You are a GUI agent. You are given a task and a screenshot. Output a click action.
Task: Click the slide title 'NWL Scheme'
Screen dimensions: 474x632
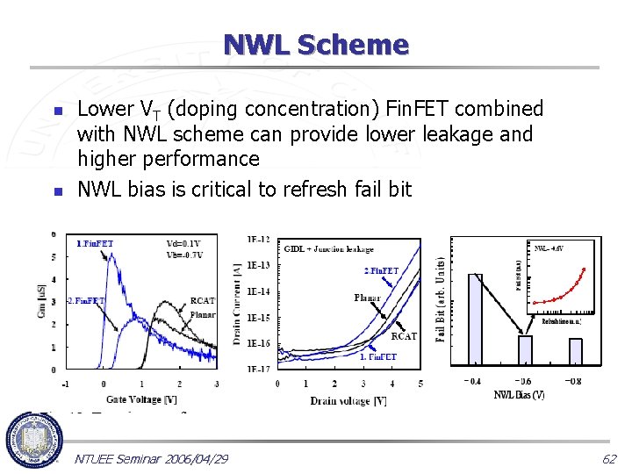point(316,44)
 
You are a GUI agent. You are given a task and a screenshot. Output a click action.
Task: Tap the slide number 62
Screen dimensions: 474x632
point(608,458)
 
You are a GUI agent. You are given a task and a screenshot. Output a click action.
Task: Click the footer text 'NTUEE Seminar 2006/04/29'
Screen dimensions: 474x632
point(152,459)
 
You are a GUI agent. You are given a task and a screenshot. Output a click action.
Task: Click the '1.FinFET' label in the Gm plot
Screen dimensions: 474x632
point(94,243)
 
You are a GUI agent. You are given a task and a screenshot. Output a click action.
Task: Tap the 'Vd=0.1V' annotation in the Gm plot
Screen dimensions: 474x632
point(183,243)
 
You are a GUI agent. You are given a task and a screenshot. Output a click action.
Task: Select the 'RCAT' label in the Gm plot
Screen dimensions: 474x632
point(203,301)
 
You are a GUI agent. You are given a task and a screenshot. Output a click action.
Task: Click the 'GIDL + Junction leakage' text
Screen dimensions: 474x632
point(328,249)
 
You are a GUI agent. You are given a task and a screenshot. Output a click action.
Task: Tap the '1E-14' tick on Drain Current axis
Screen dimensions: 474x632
point(258,291)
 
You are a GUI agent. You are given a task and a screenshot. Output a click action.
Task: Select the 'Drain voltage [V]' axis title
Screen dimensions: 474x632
point(348,400)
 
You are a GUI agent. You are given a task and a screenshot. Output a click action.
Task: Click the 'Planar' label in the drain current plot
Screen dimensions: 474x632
point(367,298)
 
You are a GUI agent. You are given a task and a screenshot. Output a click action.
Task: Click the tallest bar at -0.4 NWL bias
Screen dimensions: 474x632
point(475,319)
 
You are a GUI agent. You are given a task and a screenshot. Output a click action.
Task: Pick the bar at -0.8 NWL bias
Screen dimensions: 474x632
point(576,350)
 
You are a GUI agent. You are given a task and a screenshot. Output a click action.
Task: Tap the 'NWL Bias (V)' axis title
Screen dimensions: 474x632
point(519,394)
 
